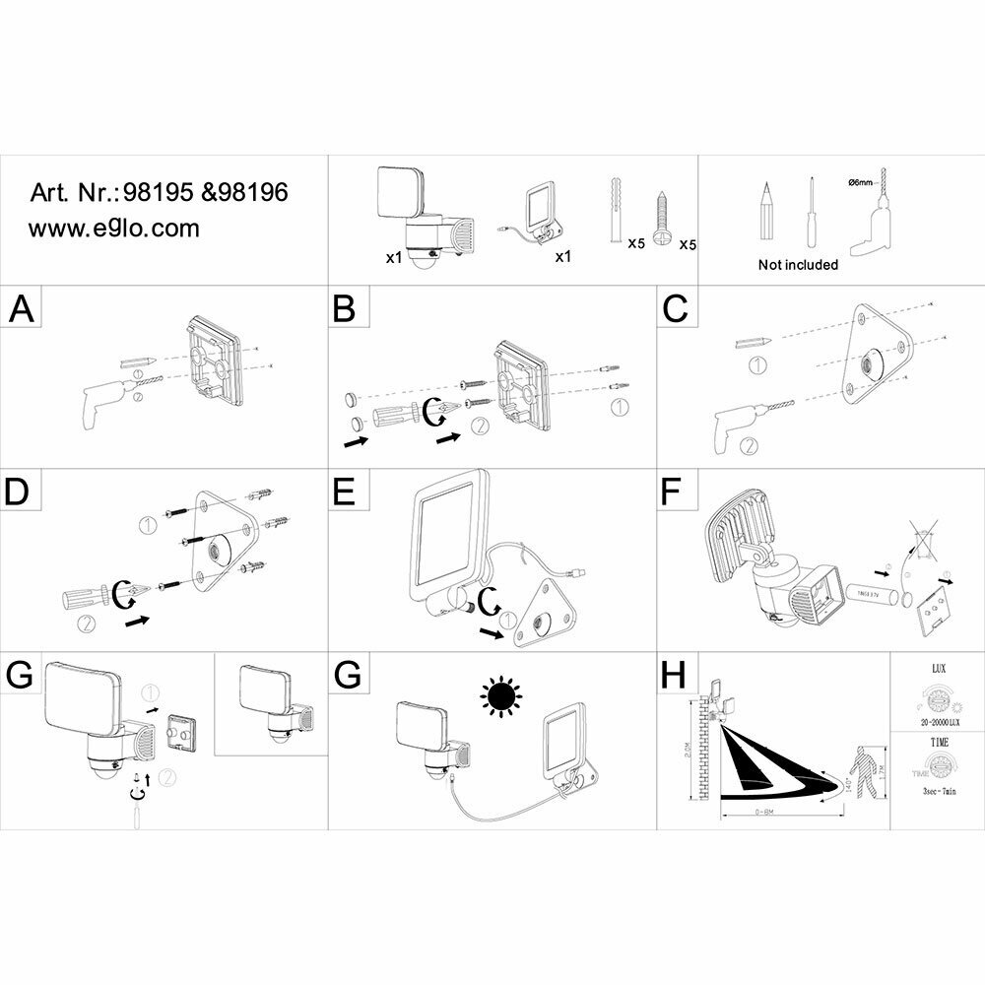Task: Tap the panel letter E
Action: coord(344,493)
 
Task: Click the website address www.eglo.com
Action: coord(113,229)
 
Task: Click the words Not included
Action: coord(798,264)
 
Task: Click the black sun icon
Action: coord(500,697)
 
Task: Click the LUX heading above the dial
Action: coord(939,668)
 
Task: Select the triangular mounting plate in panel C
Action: coord(872,359)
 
